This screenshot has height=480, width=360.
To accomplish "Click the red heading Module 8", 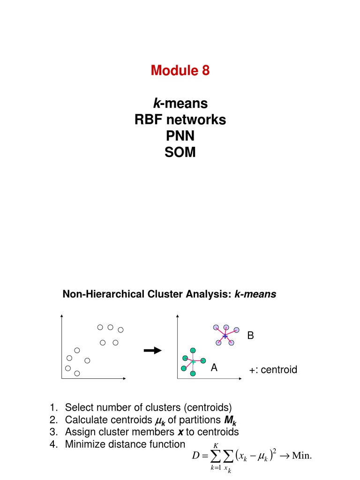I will point(180,71).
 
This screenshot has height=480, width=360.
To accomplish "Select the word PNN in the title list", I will point(180,136).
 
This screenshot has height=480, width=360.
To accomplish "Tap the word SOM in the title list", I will point(180,152).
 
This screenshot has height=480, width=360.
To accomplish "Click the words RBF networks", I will point(180,120).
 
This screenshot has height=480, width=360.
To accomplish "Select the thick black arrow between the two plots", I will point(152,351).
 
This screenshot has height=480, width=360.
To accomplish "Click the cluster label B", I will point(250,336).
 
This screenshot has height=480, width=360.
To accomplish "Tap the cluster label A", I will point(214,368).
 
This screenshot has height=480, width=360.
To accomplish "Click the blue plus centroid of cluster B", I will point(225,337).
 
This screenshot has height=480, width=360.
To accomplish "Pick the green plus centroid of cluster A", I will point(193,361).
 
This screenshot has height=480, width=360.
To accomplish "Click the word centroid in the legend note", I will point(279,370).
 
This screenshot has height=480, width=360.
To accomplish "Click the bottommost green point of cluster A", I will point(192,373).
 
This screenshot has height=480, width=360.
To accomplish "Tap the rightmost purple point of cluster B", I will point(237,330).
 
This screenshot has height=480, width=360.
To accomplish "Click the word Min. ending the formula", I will point(302,455).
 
